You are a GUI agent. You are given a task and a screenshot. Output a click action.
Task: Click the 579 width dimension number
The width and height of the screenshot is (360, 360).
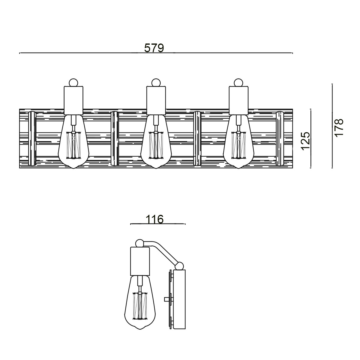click(x=154, y=48)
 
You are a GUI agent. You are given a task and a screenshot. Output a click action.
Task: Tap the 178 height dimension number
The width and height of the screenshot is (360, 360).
click(x=338, y=127)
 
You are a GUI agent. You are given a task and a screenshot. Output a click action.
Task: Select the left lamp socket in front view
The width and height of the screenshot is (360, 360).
click(x=73, y=100)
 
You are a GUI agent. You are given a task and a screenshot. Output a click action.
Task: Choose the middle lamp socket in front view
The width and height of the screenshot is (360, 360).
click(x=156, y=100)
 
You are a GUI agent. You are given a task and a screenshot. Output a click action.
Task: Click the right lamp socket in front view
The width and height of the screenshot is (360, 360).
click(x=238, y=100)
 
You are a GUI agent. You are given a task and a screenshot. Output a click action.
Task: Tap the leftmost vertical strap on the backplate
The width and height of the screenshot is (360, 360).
click(x=32, y=138)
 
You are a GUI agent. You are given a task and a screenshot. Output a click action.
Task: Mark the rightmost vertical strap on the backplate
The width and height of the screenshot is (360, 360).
click(x=280, y=138)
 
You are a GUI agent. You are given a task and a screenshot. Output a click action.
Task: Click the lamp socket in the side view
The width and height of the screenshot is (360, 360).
click(x=139, y=261)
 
